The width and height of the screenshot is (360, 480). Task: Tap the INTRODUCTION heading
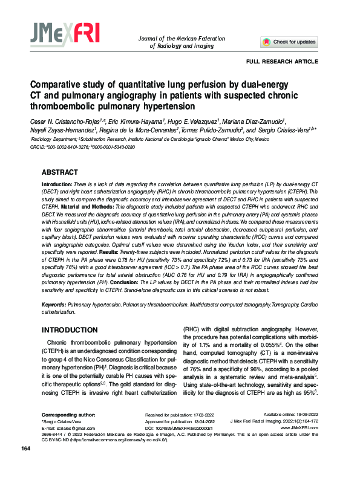69,330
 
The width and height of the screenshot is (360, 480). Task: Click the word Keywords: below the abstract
54,305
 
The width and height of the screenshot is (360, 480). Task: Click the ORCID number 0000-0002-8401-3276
74,146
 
